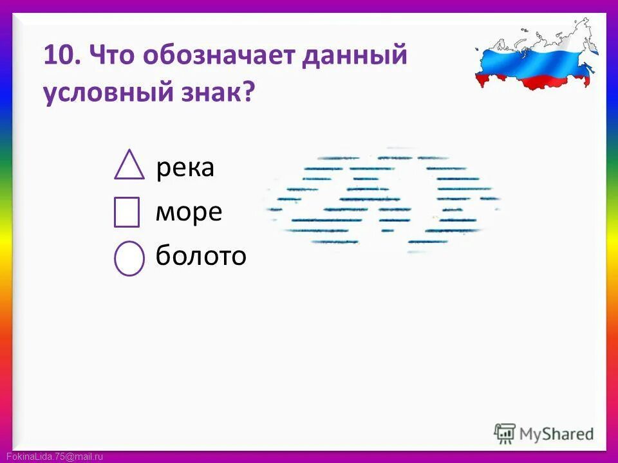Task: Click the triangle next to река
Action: pos(129,166)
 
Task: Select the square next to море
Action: pos(127,212)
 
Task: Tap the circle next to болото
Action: pos(129,259)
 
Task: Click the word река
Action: pos(185,168)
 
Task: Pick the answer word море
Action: pos(189,212)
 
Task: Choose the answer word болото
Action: pos(201,257)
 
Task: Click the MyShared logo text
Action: pos(556,434)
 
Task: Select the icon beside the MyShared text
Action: pos(505,433)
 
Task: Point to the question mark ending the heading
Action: pos(248,94)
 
